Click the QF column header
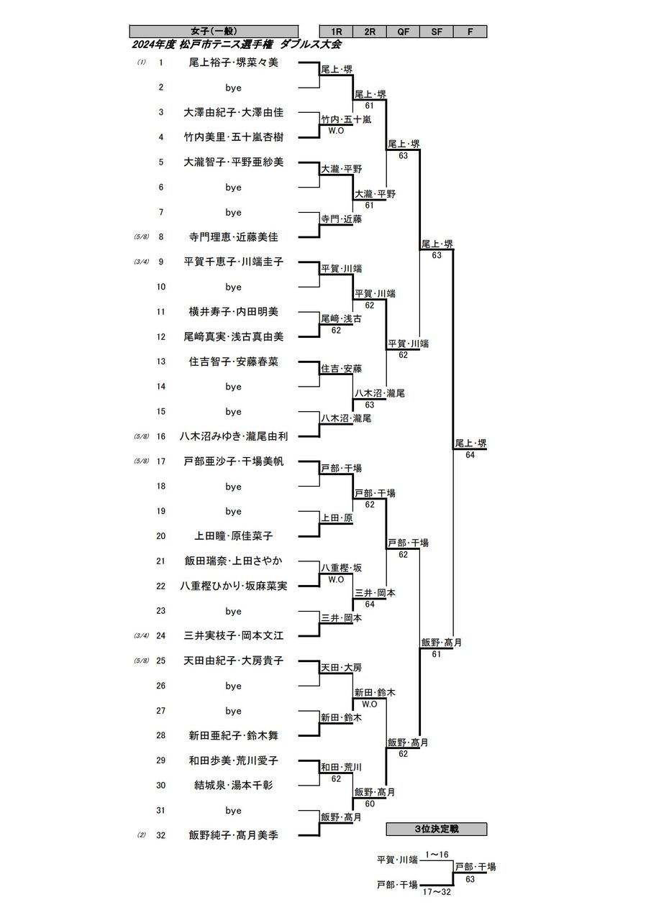[x=403, y=32]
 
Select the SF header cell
[x=437, y=32]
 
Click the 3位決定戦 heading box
[x=437, y=829]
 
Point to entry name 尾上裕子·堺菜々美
[x=233, y=63]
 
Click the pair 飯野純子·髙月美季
[x=233, y=835]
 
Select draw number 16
[x=162, y=436]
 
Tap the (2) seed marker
[x=142, y=835]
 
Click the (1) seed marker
[x=142, y=63]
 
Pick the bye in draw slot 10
[x=233, y=287]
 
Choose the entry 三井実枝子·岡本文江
[x=233, y=635]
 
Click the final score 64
[x=470, y=455]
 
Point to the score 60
[x=370, y=804]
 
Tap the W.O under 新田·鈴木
[x=370, y=704]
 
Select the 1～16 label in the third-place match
[x=437, y=855]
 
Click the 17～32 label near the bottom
[x=437, y=892]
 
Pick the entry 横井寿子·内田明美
[x=233, y=312]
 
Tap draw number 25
[x=162, y=661]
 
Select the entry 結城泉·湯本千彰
[x=233, y=785]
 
